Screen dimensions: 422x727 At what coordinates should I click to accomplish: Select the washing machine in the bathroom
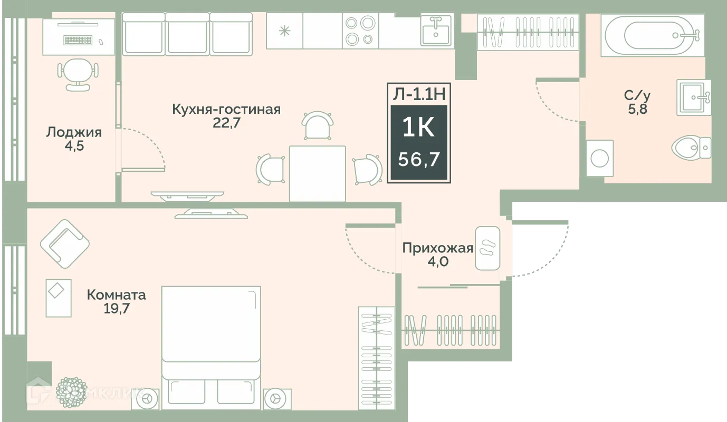click(x=600, y=158)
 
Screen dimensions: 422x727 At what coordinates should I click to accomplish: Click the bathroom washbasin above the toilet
click(x=694, y=97)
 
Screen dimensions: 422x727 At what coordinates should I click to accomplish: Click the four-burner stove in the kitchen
click(x=360, y=31)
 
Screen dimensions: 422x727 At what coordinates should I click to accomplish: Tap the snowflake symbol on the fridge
click(x=284, y=31)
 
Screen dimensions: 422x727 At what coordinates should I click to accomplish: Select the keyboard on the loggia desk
click(x=78, y=40)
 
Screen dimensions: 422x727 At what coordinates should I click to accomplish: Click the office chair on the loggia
click(x=78, y=73)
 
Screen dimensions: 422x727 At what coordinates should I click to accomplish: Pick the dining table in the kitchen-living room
click(x=317, y=173)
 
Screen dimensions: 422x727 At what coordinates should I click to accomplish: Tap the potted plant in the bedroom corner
click(x=71, y=391)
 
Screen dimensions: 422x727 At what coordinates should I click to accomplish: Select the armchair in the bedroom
click(x=65, y=243)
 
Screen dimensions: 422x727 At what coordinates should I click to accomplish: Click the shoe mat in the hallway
click(x=487, y=248)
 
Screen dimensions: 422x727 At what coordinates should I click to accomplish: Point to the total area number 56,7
click(x=418, y=159)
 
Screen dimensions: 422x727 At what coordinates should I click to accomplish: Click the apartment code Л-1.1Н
click(x=418, y=94)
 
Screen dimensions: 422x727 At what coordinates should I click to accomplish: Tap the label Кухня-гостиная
click(x=226, y=109)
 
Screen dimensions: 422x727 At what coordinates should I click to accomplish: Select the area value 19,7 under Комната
click(x=116, y=308)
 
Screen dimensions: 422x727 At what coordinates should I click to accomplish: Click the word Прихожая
click(x=437, y=248)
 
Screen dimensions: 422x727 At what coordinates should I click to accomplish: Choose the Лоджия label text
click(x=74, y=132)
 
